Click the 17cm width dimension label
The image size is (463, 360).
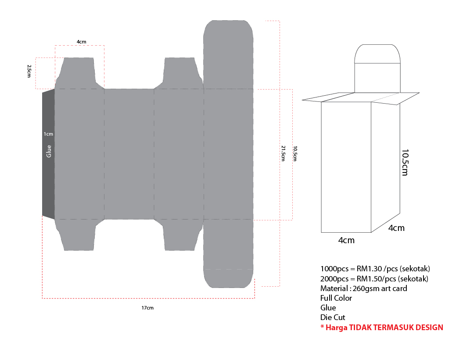(147, 308)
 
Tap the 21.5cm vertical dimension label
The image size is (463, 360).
(283, 153)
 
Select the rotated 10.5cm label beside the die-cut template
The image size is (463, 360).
(295, 153)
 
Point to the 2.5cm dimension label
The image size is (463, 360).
(29, 71)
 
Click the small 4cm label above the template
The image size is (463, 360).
(81, 42)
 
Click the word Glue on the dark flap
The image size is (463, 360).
(49, 151)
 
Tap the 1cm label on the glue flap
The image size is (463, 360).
(48, 134)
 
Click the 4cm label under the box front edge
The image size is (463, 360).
(346, 241)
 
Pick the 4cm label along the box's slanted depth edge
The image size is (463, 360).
(396, 228)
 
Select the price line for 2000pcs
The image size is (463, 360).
(374, 279)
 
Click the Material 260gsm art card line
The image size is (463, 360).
(363, 288)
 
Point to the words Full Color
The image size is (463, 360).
(336, 298)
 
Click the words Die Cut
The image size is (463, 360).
(333, 317)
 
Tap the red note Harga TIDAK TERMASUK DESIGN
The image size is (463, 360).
(381, 328)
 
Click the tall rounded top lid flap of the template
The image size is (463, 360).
(229, 53)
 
